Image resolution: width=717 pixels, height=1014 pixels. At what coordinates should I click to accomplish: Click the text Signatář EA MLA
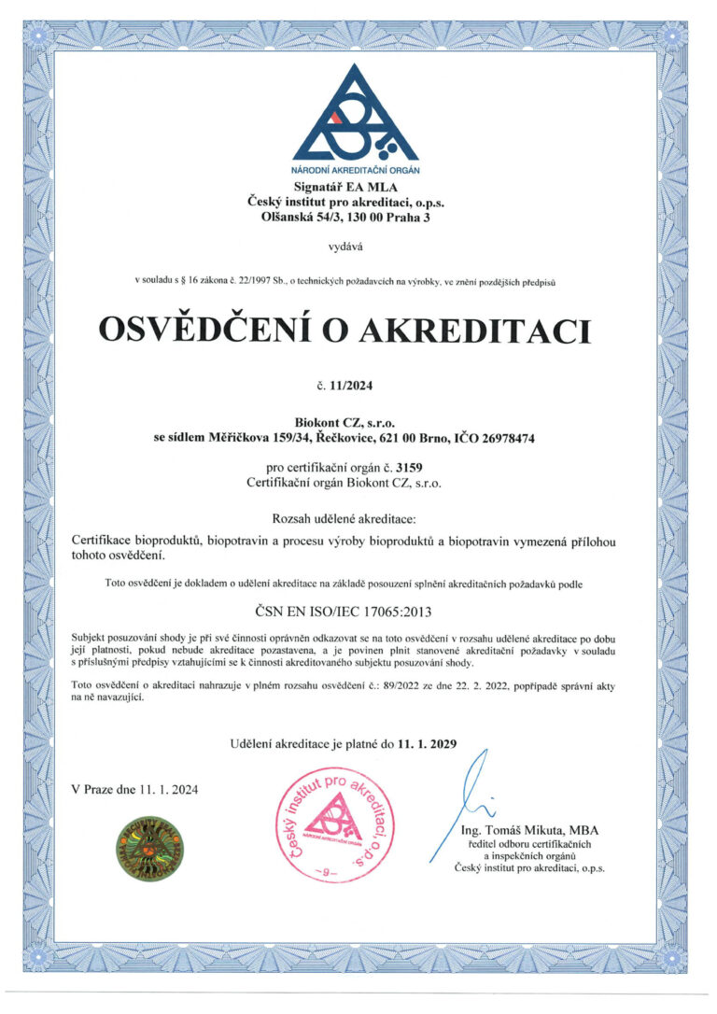[358, 188]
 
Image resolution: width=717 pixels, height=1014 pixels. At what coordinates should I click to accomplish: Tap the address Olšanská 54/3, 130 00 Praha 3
[358, 218]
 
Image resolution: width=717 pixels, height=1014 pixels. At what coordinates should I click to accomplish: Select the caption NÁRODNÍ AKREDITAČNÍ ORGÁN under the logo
[358, 171]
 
